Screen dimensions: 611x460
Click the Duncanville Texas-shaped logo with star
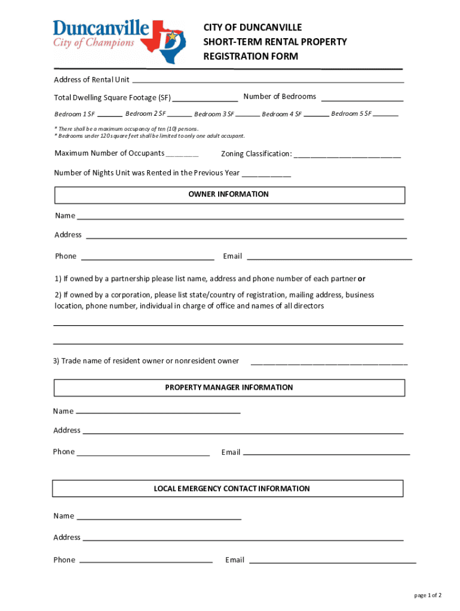tap(169, 41)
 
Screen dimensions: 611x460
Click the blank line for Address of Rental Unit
tap(268, 80)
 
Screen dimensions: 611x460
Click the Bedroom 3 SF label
tap(214, 114)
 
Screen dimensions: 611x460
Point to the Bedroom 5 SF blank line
tap(386, 114)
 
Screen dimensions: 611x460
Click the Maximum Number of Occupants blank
tap(182, 154)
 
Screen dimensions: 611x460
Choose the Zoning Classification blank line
tap(347, 155)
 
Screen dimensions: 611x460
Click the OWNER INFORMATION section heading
tap(229, 195)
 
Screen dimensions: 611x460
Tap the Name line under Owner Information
tap(240, 216)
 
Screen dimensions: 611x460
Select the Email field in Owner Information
tap(329, 257)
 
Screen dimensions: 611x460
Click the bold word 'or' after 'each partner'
tap(361, 279)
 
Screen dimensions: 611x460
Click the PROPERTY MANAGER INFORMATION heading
tap(229, 388)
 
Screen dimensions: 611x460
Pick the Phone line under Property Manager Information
tap(143, 452)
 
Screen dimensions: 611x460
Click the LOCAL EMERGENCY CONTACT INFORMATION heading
tap(232, 489)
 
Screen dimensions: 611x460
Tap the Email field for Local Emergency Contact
tap(332, 560)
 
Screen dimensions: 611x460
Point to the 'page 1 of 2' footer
tap(428, 595)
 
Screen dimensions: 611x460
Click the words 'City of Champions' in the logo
tap(94, 42)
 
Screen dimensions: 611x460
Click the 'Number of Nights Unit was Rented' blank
tap(266, 174)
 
